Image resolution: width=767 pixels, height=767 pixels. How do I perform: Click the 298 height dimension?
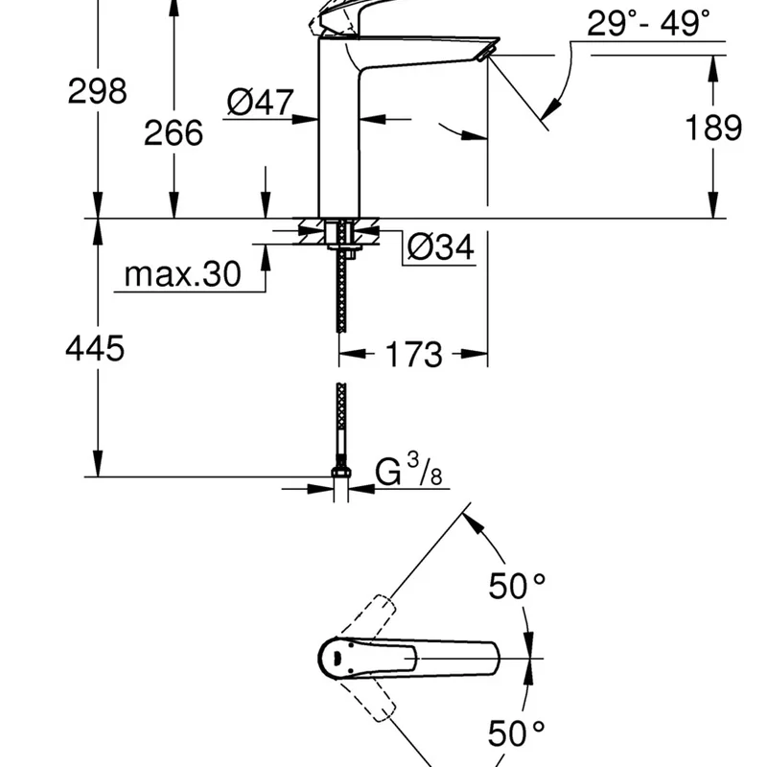coord(97,91)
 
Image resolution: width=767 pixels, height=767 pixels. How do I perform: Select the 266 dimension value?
coord(174,132)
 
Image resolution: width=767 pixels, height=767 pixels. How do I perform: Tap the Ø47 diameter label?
coord(261,102)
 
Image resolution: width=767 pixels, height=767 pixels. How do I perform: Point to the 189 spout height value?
coord(714,127)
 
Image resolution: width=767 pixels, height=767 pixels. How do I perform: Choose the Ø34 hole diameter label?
coord(440,248)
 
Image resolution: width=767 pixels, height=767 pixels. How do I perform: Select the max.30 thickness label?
coord(182,276)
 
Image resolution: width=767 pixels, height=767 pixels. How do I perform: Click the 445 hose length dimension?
coord(95,348)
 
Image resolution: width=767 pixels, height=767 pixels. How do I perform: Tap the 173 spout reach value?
coord(413,355)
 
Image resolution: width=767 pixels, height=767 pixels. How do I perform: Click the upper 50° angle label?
coord(517,586)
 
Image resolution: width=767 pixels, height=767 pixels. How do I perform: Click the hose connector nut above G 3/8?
coord(340,472)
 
